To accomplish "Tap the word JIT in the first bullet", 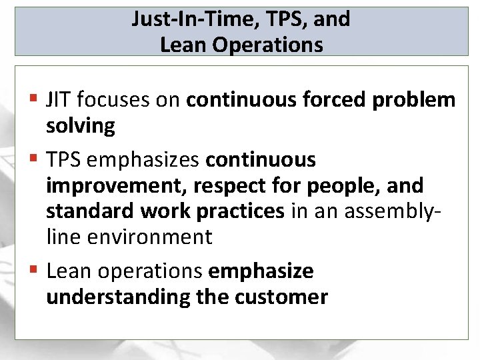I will click(x=59, y=100).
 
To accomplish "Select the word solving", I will click(x=80, y=126).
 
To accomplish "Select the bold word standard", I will click(x=90, y=211).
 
